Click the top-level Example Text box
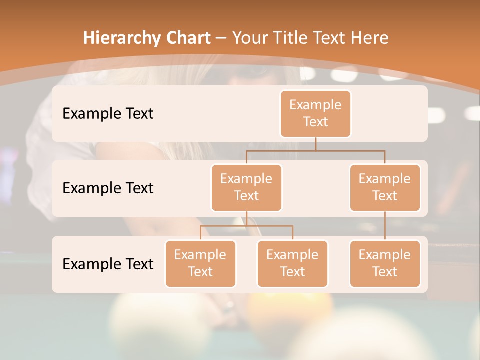click(315, 113)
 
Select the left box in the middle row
click(246, 187)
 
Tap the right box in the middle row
click(385, 187)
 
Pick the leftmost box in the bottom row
click(200, 263)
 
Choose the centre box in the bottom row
click(292, 263)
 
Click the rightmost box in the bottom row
click(385, 263)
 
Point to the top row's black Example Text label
click(108, 114)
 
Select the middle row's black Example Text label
click(108, 188)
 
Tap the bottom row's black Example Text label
click(108, 264)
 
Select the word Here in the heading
click(370, 38)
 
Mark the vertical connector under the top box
click(315, 144)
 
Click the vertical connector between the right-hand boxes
click(385, 226)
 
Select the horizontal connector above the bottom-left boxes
click(246, 226)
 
